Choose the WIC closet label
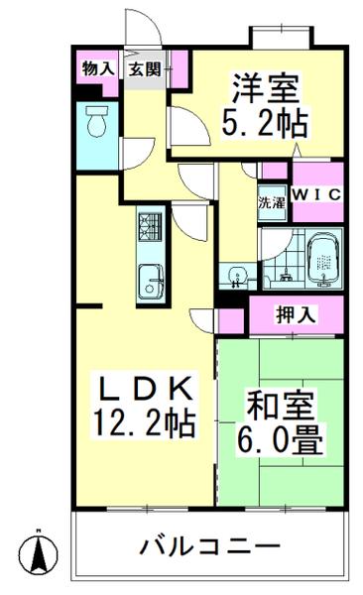pyautogui.click(x=317, y=195)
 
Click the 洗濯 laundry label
pyautogui.click(x=271, y=203)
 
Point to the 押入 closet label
pyautogui.click(x=295, y=315)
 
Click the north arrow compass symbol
pyautogui.click(x=38, y=550)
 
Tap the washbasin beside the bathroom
pyautogui.click(x=236, y=273)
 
